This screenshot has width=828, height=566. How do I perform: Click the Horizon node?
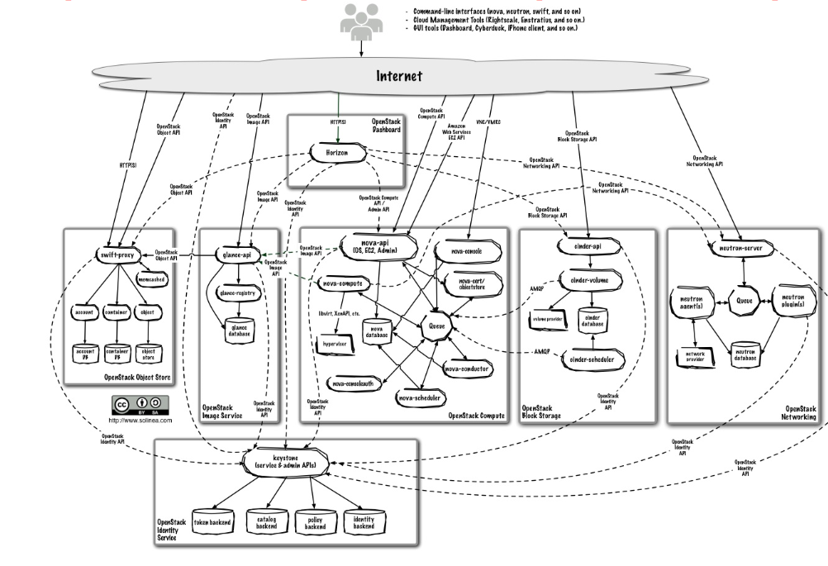337,153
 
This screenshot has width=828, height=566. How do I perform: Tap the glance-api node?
238,255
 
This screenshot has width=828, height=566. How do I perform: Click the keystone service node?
285,461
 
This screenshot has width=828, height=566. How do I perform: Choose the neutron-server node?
740,248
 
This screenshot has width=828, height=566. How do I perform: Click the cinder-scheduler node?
592,359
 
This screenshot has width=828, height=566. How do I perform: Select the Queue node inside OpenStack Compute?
436,326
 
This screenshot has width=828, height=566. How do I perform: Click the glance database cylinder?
238,326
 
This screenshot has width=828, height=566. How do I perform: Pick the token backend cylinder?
212,521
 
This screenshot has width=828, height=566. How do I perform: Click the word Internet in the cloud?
399,76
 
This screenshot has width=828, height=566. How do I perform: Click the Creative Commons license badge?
140,405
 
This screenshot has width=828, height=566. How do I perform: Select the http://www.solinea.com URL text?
140,420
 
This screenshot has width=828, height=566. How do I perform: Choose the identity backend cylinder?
364,522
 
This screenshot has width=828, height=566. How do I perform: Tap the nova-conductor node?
466,369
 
